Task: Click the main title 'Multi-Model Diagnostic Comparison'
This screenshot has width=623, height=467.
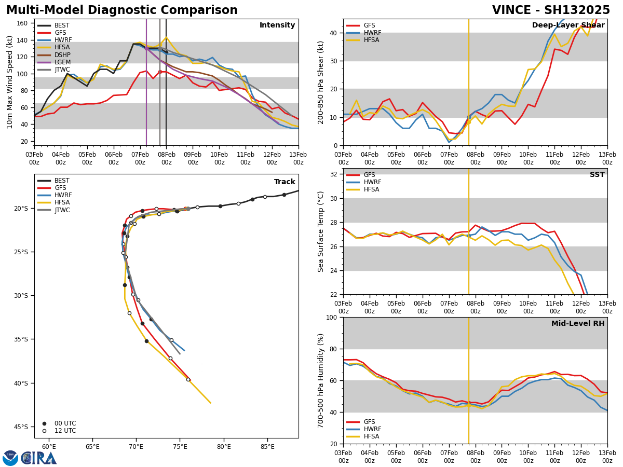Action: (x=122, y=10)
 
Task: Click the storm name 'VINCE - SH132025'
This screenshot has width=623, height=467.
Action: (x=551, y=10)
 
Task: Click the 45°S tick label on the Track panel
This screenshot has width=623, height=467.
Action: (x=21, y=427)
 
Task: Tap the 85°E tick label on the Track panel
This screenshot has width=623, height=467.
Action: (x=267, y=447)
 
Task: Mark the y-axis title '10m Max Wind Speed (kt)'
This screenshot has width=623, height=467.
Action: (x=10, y=82)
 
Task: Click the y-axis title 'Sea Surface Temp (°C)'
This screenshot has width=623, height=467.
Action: (x=321, y=231)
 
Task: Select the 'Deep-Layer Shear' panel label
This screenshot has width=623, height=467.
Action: (x=568, y=25)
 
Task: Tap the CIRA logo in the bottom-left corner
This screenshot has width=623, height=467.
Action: (x=30, y=458)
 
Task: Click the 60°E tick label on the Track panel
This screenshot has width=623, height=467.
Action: (x=49, y=447)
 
